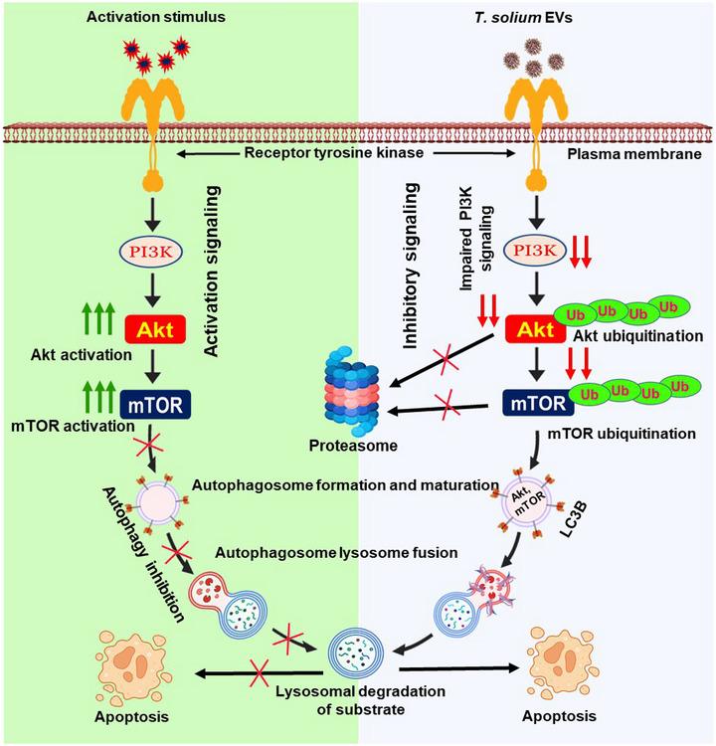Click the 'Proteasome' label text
(352, 447)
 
